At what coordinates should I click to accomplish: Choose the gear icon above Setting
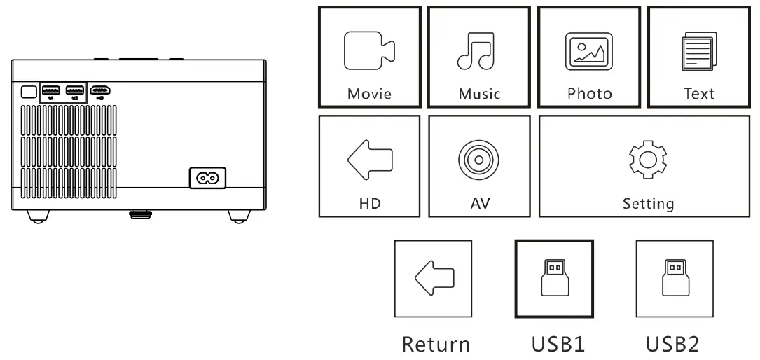(x=648, y=160)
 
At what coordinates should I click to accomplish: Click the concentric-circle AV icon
(x=478, y=160)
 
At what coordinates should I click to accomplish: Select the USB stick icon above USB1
(x=553, y=279)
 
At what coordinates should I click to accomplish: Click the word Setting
(x=648, y=204)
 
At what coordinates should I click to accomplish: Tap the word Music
(x=479, y=94)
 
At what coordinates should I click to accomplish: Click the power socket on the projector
(x=208, y=178)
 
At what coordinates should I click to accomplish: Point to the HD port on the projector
(x=100, y=90)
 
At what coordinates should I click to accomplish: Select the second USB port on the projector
(x=74, y=90)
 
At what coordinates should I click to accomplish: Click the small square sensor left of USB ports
(x=27, y=91)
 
